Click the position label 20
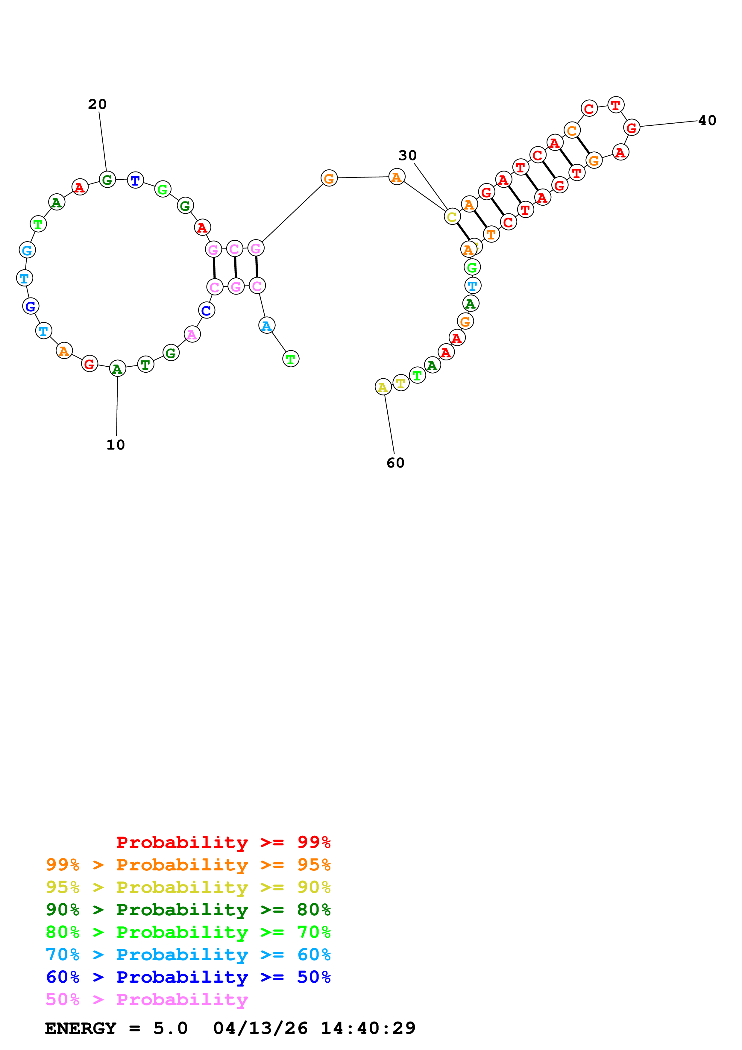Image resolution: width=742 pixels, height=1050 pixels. [97, 104]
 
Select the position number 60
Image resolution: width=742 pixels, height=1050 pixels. [395, 463]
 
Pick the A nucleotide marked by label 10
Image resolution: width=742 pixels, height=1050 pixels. [118, 368]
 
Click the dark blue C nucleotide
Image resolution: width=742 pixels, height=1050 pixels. [206, 310]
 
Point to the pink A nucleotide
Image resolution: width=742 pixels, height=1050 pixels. [192, 334]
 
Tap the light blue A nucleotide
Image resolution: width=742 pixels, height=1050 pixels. [266, 326]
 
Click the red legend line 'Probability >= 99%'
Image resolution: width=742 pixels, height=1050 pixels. [223, 842]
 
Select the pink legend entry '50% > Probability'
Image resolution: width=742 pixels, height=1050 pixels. [146, 999]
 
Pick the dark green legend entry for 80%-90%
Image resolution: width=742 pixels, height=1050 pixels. [188, 910]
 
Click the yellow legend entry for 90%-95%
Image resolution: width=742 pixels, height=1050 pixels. [188, 887]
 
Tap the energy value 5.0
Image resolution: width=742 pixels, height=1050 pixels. [170, 1028]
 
